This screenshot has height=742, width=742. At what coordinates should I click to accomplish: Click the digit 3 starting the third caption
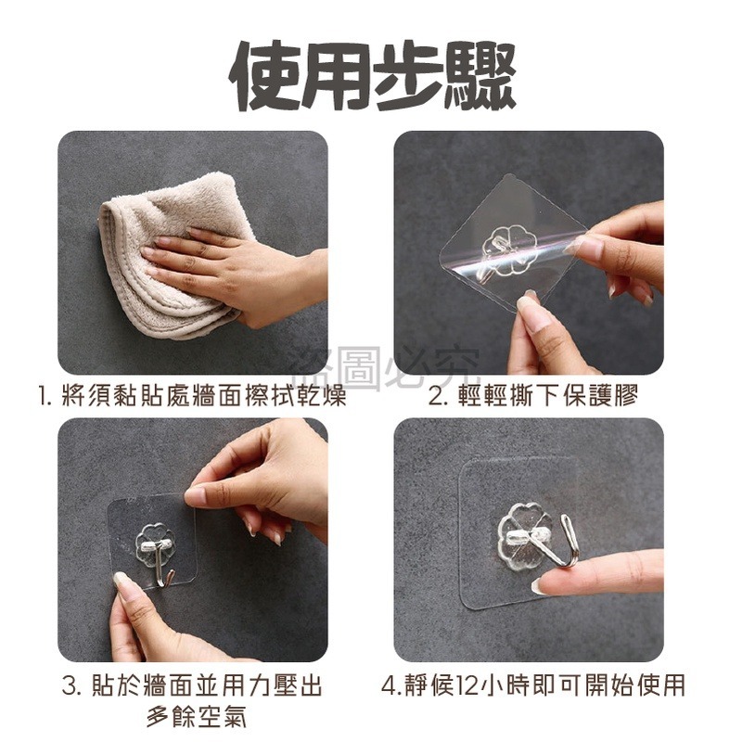[69, 687]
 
